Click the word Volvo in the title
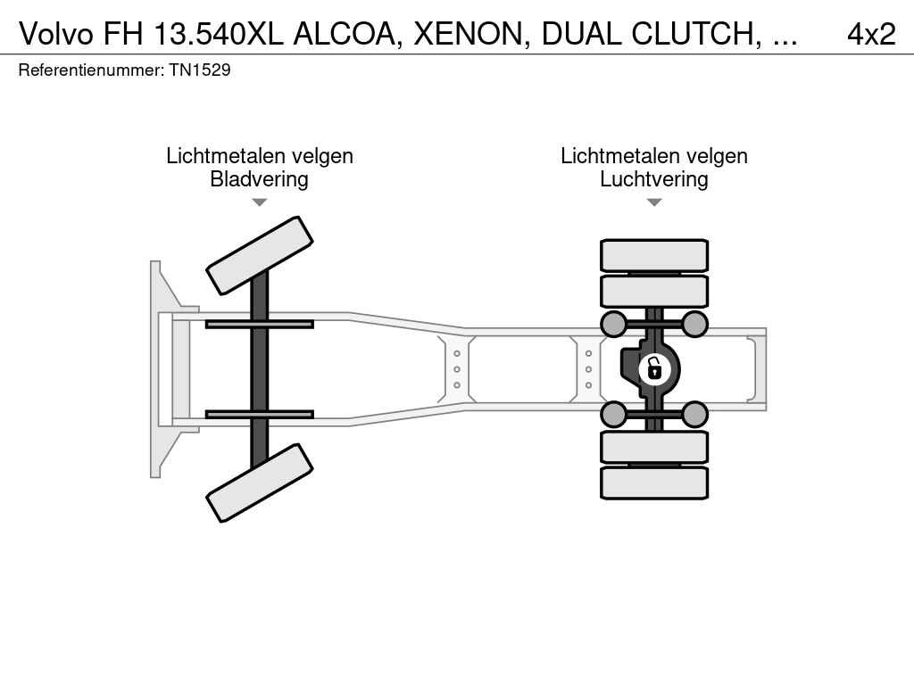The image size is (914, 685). (56, 34)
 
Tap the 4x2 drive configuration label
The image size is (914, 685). (871, 34)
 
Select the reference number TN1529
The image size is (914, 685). (200, 70)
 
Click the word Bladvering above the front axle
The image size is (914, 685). (260, 178)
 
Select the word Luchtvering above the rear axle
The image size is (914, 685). (654, 178)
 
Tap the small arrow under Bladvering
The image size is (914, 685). (260, 202)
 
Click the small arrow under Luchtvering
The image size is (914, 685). (654, 202)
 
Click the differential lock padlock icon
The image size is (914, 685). (654, 369)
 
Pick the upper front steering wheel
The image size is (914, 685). (260, 256)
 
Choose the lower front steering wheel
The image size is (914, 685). (260, 483)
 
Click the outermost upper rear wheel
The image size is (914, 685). (654, 256)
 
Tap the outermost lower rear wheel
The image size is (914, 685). (654, 483)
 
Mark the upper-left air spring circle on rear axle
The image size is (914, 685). (613, 325)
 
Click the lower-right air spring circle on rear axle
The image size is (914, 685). (694, 414)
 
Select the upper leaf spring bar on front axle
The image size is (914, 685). (260, 325)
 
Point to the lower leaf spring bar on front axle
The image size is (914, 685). (260, 414)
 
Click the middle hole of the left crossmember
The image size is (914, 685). (457, 369)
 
